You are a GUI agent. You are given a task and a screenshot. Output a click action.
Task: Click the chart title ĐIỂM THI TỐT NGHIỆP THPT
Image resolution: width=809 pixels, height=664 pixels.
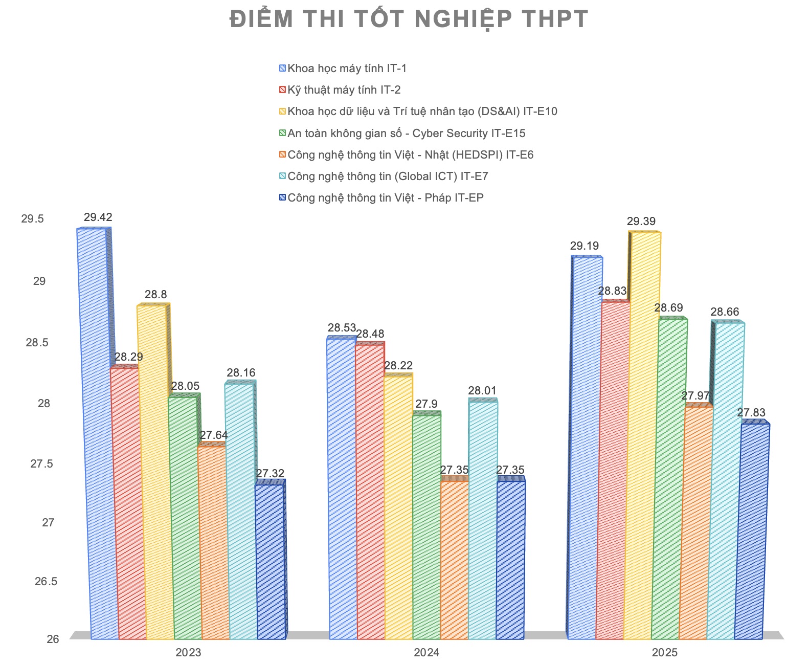tap(409, 19)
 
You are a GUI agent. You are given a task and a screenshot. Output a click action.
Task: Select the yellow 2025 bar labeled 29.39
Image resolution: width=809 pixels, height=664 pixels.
tap(644, 435)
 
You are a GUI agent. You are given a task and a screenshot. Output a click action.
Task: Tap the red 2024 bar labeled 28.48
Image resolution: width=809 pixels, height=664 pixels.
tap(370, 491)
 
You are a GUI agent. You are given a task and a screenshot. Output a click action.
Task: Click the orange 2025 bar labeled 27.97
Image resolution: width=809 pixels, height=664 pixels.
tap(699, 522)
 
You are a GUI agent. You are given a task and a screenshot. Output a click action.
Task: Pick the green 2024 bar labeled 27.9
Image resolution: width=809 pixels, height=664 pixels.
tap(426, 527)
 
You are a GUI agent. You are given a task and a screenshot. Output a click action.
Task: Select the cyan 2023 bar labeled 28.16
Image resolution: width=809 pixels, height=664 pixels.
tap(240, 512)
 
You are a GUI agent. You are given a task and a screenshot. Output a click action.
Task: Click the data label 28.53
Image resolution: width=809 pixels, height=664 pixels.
tap(342, 328)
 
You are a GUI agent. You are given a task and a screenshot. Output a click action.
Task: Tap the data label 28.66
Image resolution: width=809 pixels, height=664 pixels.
tap(725, 312)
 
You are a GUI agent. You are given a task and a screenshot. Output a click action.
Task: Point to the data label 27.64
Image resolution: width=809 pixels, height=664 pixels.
tap(214, 435)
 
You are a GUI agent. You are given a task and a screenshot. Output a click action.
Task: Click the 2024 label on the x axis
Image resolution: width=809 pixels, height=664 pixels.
tap(426, 653)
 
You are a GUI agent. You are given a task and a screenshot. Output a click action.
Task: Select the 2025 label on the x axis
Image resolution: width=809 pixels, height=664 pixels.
tap(664, 653)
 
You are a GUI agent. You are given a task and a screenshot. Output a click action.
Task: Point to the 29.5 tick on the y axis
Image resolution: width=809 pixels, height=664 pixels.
tap(33, 219)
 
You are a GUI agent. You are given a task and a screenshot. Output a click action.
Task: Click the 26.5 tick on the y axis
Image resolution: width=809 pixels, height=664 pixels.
tap(46, 581)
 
